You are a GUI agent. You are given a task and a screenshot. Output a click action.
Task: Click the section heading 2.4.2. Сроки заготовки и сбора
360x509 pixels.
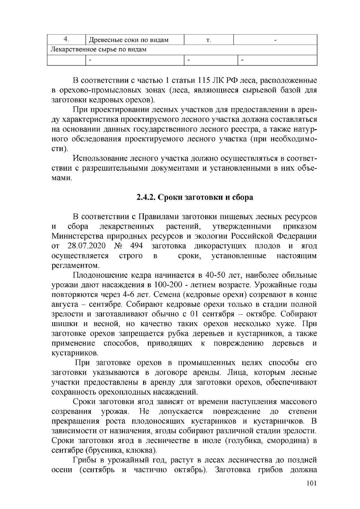[x=195, y=198]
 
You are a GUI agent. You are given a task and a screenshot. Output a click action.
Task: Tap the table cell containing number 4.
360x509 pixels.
[x=67, y=39]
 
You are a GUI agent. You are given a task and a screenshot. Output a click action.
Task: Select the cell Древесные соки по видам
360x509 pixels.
[x=129, y=40]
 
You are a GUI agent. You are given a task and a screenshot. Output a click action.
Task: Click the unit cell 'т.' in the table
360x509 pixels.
[x=209, y=40]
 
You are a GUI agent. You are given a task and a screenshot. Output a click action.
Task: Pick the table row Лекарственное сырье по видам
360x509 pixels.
[x=99, y=49]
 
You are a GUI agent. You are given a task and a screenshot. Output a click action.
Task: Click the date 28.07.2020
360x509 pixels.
[x=86, y=246]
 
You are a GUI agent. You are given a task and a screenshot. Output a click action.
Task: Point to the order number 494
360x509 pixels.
[x=136, y=246]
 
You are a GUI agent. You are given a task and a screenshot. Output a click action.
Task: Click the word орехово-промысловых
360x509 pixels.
[x=102, y=90]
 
